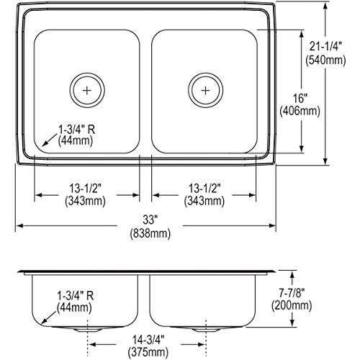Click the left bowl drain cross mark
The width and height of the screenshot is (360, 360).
[87, 91]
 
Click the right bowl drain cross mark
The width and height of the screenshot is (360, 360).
[205, 91]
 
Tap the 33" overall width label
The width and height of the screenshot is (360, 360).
[150, 220]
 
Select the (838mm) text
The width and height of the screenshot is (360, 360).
[150, 234]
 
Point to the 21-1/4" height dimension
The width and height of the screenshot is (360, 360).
[325, 47]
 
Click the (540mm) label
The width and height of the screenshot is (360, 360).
[325, 60]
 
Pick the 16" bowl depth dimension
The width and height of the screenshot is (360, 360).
[300, 99]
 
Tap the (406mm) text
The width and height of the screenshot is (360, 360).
[300, 112]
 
